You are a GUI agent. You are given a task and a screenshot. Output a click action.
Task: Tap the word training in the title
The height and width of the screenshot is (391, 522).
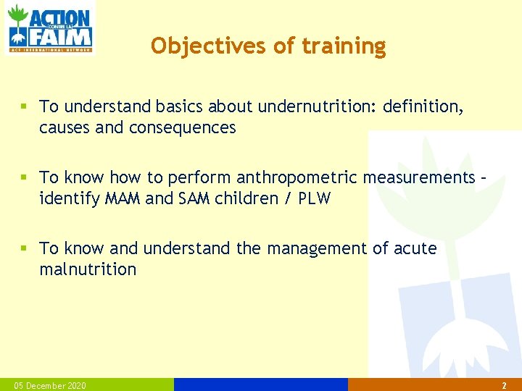[x=344, y=46]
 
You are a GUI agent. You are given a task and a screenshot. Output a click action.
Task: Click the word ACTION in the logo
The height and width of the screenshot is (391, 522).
[x=61, y=18]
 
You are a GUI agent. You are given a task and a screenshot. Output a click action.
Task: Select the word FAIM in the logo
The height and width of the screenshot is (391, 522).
[x=61, y=36]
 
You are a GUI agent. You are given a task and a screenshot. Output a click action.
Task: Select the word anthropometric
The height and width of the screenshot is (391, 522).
[x=297, y=178]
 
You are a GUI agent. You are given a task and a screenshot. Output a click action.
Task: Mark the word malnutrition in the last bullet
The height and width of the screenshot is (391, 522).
[x=88, y=270]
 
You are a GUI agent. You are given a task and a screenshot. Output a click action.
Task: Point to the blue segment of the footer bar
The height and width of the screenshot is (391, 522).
[x=261, y=384]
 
